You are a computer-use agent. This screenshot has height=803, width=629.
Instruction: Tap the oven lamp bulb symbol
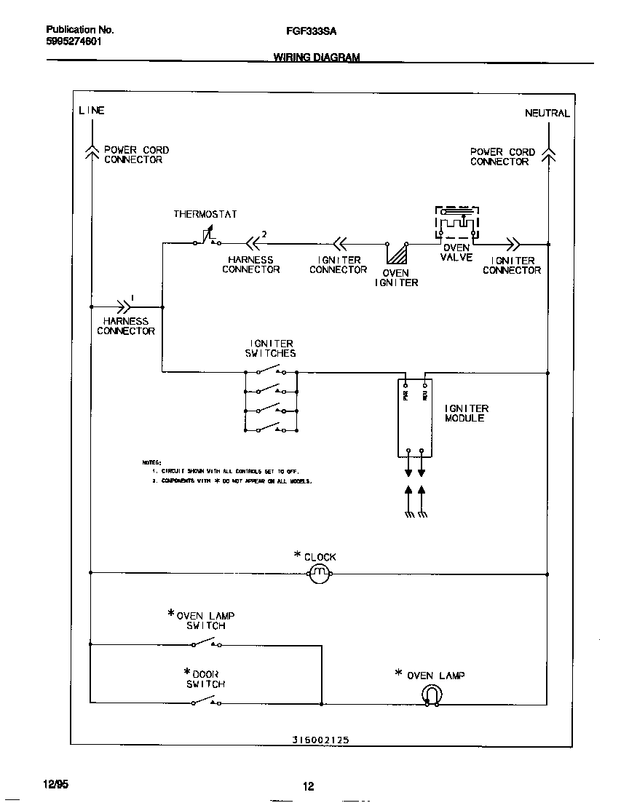[431, 695]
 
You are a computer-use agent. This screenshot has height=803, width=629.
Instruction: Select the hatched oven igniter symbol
[397, 254]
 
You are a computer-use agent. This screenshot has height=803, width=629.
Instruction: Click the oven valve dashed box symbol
[457, 222]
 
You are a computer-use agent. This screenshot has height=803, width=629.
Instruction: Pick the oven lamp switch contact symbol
[206, 644]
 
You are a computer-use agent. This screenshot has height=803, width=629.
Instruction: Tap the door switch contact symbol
[206, 702]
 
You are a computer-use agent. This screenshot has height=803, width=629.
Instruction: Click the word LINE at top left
[92, 111]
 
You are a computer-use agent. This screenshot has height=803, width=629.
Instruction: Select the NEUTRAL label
[547, 113]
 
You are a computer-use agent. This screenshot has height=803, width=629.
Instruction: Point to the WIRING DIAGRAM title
[317, 57]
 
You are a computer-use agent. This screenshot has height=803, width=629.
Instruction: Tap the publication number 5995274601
[74, 41]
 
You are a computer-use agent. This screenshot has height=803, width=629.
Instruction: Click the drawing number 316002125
[321, 739]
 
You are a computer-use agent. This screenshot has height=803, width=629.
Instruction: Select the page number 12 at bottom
[309, 786]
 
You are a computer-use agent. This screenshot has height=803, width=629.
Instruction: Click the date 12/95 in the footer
[55, 784]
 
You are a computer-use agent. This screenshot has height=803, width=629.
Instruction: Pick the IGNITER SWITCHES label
[271, 348]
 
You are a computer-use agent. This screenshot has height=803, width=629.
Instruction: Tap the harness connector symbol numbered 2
[254, 243]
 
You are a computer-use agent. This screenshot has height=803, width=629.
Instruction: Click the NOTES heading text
[151, 462]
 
